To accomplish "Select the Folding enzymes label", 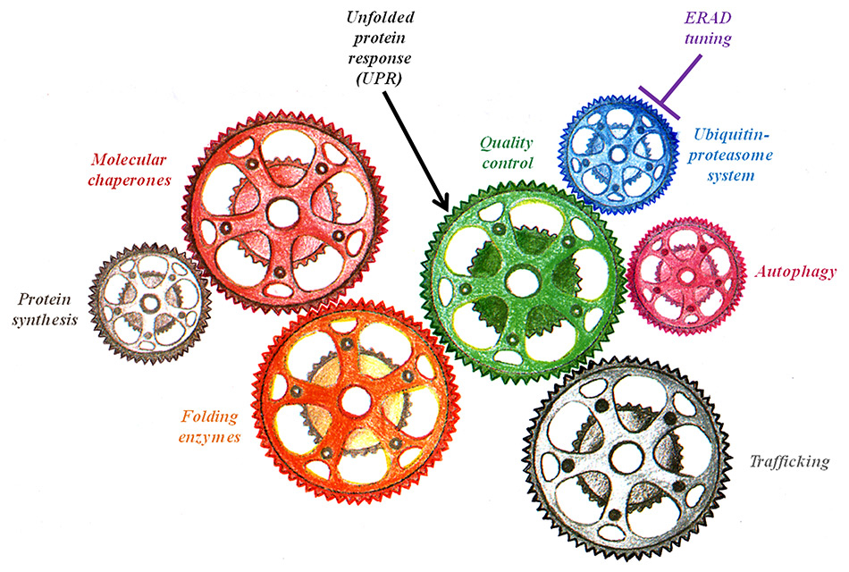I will pyautogui.click(x=211, y=426).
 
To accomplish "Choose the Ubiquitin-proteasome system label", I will pyautogui.click(x=733, y=154).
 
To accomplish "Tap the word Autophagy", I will pyautogui.click(x=795, y=272).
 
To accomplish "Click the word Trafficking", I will pyautogui.click(x=789, y=462).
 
